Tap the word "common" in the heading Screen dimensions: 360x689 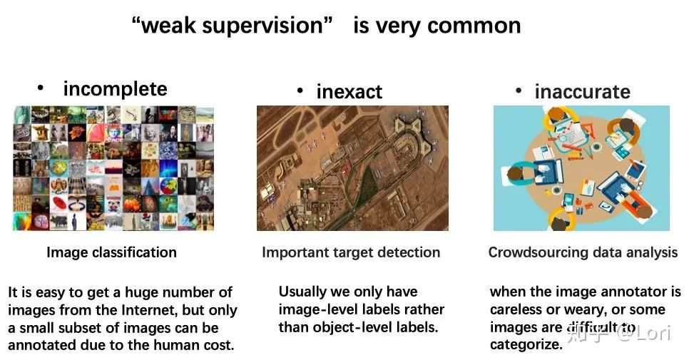point(475,26)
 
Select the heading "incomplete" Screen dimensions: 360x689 point(115,89)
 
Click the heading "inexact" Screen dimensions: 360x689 point(349,92)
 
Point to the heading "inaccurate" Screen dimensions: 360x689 point(582,92)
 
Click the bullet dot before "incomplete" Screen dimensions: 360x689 point(41,88)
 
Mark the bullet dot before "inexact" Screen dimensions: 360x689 point(300,91)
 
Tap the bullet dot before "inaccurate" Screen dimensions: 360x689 point(519,91)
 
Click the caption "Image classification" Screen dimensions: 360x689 point(111,252)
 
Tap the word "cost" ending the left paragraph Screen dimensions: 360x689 point(218,346)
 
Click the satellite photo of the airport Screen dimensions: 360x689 point(352,168)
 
